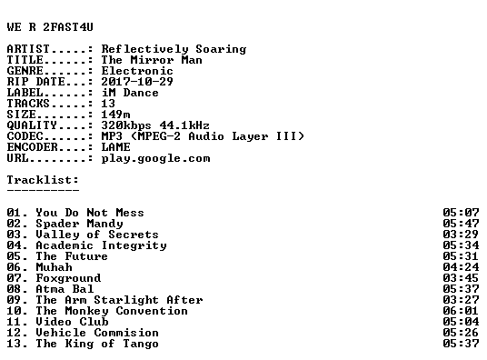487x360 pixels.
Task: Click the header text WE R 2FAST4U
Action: tap(50, 27)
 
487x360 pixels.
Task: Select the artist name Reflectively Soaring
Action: tap(174, 49)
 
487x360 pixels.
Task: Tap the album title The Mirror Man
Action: tap(152, 60)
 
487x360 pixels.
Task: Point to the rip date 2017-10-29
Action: tap(137, 82)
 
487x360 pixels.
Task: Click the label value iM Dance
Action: tap(130, 93)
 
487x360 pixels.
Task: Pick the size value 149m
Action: tap(116, 115)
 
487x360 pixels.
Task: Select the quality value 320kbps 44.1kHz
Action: tap(155, 125)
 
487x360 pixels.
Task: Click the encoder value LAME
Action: tap(116, 147)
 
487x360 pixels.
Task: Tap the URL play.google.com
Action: tap(155, 158)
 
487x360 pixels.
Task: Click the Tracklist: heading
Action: tap(43, 180)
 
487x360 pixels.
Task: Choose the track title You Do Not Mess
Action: tap(90, 213)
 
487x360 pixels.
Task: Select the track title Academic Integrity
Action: tap(101, 245)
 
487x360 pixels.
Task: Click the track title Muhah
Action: tap(54, 267)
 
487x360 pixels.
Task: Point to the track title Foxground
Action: tap(68, 278)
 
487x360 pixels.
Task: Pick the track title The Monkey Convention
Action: tap(112, 311)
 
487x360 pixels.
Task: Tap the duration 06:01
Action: tap(461, 311)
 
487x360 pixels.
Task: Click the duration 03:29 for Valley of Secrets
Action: tap(461, 235)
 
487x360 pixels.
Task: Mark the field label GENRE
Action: tap(25, 71)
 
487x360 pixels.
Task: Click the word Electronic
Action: tap(137, 71)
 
